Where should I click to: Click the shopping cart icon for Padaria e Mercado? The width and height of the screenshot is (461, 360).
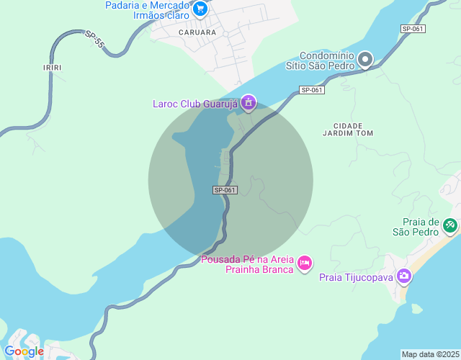[200, 9]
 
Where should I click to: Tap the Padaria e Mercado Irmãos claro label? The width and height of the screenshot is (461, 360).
[147, 9]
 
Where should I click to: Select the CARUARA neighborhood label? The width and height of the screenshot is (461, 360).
[197, 32]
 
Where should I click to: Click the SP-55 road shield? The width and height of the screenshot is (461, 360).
[94, 39]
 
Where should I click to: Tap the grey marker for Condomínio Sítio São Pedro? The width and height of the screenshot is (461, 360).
[366, 60]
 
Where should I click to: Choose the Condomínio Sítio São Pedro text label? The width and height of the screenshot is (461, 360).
[326, 60]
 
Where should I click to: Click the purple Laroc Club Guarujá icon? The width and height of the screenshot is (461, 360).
[249, 103]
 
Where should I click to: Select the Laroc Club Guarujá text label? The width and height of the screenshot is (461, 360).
[194, 104]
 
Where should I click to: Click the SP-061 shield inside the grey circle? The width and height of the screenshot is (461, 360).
[225, 190]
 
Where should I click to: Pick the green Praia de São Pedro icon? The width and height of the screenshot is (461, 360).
[450, 225]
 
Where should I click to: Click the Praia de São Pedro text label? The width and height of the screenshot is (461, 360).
[416, 227]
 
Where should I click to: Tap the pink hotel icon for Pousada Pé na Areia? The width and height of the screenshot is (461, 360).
[305, 264]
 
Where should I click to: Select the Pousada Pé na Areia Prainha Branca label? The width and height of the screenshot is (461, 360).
[248, 264]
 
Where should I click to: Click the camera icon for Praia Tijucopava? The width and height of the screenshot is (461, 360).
[404, 276]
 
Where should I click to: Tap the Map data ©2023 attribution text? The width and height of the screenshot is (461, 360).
[430, 354]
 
